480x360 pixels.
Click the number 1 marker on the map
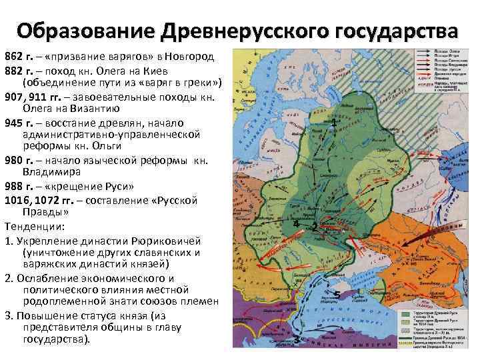pyautogui.click(x=333, y=123)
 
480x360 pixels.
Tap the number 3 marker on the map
pyautogui.click(x=296, y=340)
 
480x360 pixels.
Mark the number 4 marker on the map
pyautogui.click(x=295, y=224)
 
